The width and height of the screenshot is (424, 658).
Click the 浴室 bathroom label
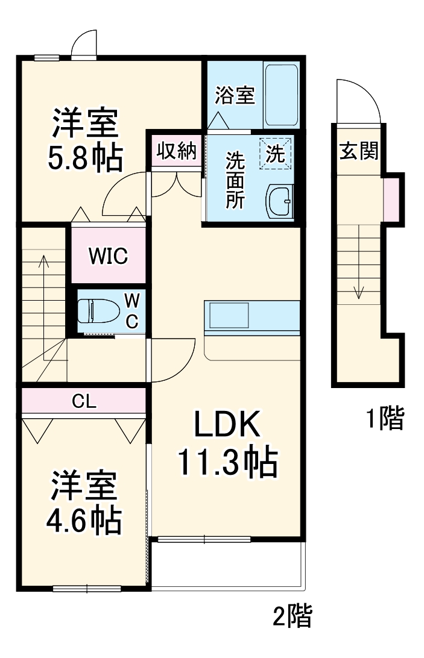tap(235, 95)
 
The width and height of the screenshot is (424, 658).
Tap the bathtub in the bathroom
tap(282, 93)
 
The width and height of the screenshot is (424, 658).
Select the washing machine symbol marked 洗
tap(276, 153)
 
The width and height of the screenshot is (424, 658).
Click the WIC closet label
tap(109, 256)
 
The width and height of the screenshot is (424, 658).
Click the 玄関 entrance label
tap(358, 152)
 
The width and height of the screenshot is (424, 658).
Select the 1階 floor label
tap(385, 418)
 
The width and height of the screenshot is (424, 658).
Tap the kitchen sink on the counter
tap(229, 315)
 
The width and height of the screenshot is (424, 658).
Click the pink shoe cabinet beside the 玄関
tap(391, 198)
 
